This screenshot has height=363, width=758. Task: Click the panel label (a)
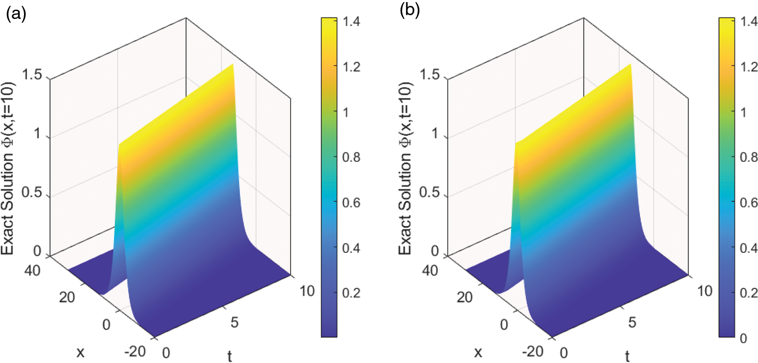tap(16, 14)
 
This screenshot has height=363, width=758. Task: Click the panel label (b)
tap(409, 11)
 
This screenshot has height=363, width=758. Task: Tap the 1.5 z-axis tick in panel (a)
tap(32, 75)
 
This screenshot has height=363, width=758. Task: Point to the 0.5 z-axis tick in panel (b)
tap(430, 193)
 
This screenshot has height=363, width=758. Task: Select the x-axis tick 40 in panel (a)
tap(32, 270)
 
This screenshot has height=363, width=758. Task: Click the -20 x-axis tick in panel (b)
tap(532, 351)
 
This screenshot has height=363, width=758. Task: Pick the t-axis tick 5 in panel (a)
tap(234, 323)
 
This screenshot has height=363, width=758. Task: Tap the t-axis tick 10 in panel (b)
tap(705, 291)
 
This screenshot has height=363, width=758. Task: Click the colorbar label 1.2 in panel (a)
tap(351, 67)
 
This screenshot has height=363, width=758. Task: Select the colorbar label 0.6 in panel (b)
tap(749, 203)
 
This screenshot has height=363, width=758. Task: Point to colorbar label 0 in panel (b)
tap(744, 338)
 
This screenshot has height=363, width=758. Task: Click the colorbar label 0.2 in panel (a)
tap(351, 293)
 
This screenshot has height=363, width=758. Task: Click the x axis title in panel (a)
tap(80, 352)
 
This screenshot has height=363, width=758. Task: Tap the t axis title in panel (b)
tap(627, 356)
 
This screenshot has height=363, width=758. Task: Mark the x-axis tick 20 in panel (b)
tap(464, 297)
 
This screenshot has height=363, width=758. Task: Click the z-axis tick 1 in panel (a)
tap(37, 134)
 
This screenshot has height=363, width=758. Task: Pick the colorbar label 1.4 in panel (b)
tap(749, 21)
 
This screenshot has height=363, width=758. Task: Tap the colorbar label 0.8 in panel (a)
tap(351, 157)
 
